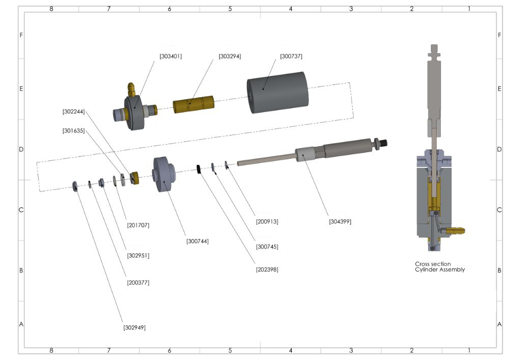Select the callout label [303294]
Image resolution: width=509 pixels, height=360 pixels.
(230, 57)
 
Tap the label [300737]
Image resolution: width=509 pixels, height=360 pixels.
(291, 57)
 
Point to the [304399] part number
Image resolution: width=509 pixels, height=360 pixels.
(341, 221)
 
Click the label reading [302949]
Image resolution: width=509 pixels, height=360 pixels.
(134, 327)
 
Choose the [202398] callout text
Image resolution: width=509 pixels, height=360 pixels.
(267, 269)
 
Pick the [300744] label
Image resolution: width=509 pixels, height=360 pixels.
(197, 241)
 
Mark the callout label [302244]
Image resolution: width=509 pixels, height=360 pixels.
(74, 111)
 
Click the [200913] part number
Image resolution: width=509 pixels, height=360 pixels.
(267, 221)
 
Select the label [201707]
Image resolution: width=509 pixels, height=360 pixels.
(138, 225)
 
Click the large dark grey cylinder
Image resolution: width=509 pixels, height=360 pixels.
(278, 95)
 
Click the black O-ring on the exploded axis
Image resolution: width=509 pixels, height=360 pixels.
(200, 169)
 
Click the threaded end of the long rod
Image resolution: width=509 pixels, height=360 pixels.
(383, 143)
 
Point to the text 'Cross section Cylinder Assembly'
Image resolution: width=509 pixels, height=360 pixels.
(440, 267)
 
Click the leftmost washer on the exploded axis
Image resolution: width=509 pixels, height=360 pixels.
(75, 186)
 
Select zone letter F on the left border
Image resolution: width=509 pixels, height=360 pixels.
(21, 35)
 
